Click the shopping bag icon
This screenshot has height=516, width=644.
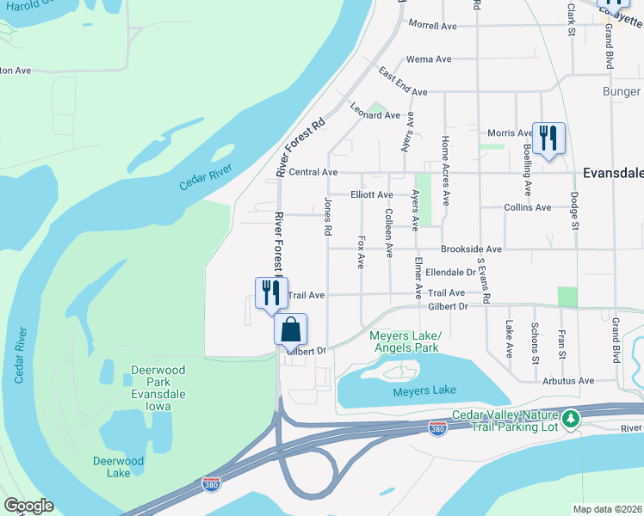pyautogui.click(x=291, y=329)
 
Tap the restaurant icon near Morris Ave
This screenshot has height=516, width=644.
pyautogui.click(x=548, y=138)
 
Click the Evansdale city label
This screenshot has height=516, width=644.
pyautogui.click(x=612, y=172)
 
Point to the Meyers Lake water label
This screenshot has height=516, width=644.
pyautogui.click(x=424, y=390)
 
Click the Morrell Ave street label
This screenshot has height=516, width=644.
pyautogui.click(x=432, y=26)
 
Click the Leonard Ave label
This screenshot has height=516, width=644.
pyautogui.click(x=375, y=114)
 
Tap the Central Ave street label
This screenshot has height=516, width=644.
pyautogui.click(x=313, y=172)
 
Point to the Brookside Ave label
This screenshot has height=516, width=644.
pyautogui.click(x=471, y=249)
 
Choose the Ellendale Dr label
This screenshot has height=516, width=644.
pyautogui.click(x=451, y=272)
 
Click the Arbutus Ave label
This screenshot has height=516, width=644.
pyautogui.click(x=568, y=380)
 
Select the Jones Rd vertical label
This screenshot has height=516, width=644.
pyautogui.click(x=327, y=217)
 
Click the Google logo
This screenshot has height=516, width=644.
pyautogui.click(x=28, y=506)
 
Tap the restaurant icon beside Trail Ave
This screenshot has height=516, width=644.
pyautogui.click(x=268, y=292)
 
